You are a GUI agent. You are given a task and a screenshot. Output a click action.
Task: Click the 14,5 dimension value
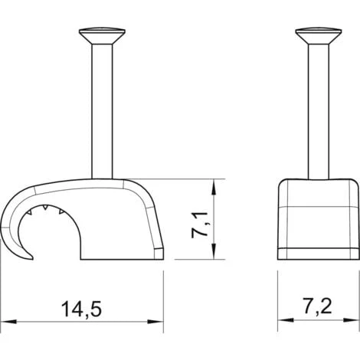pos(81,309)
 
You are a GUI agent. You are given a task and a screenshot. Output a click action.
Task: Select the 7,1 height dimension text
pos(201,224)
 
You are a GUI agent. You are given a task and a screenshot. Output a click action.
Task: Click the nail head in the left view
pos(102,35)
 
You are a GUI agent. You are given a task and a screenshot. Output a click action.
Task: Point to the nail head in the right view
pos(319,36)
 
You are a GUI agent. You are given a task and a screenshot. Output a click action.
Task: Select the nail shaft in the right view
pos(319,112)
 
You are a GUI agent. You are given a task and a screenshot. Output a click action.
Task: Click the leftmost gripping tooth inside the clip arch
pos(30,211)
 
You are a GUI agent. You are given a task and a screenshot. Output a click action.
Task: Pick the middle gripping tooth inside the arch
pos(45,207)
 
